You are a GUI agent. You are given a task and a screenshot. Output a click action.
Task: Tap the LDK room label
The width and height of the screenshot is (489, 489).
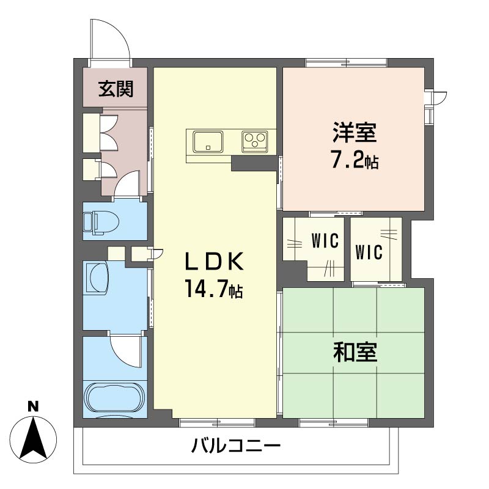coord(215,262)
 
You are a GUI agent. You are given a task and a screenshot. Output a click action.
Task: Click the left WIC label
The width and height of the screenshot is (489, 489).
coord(324,241)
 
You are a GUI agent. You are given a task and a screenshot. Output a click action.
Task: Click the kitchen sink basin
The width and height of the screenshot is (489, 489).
coord(208,141)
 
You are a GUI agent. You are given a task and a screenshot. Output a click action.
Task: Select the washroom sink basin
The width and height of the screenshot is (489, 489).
coord(96,278)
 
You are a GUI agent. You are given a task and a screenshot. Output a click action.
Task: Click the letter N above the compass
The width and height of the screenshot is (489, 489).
coord(34,406)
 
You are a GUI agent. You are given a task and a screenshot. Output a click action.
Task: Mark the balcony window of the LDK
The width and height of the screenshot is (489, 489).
coord(217,422)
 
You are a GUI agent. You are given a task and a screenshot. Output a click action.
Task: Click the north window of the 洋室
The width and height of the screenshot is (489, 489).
coord(346,62)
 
